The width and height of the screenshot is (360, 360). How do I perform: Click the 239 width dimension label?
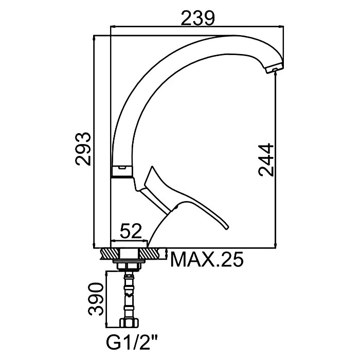point(198,18)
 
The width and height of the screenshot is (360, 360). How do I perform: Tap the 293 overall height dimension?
point(83,149)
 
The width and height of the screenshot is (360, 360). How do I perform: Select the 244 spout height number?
point(266,160)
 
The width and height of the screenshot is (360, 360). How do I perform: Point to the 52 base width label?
point(131,231)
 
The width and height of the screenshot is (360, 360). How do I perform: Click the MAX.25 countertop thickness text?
point(207,259)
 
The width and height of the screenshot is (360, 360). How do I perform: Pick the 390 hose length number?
point(96,299)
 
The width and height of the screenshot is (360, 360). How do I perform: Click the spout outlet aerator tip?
point(275,69)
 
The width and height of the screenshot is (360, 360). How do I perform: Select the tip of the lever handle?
point(227,227)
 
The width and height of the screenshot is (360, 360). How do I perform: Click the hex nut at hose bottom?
point(129,323)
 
